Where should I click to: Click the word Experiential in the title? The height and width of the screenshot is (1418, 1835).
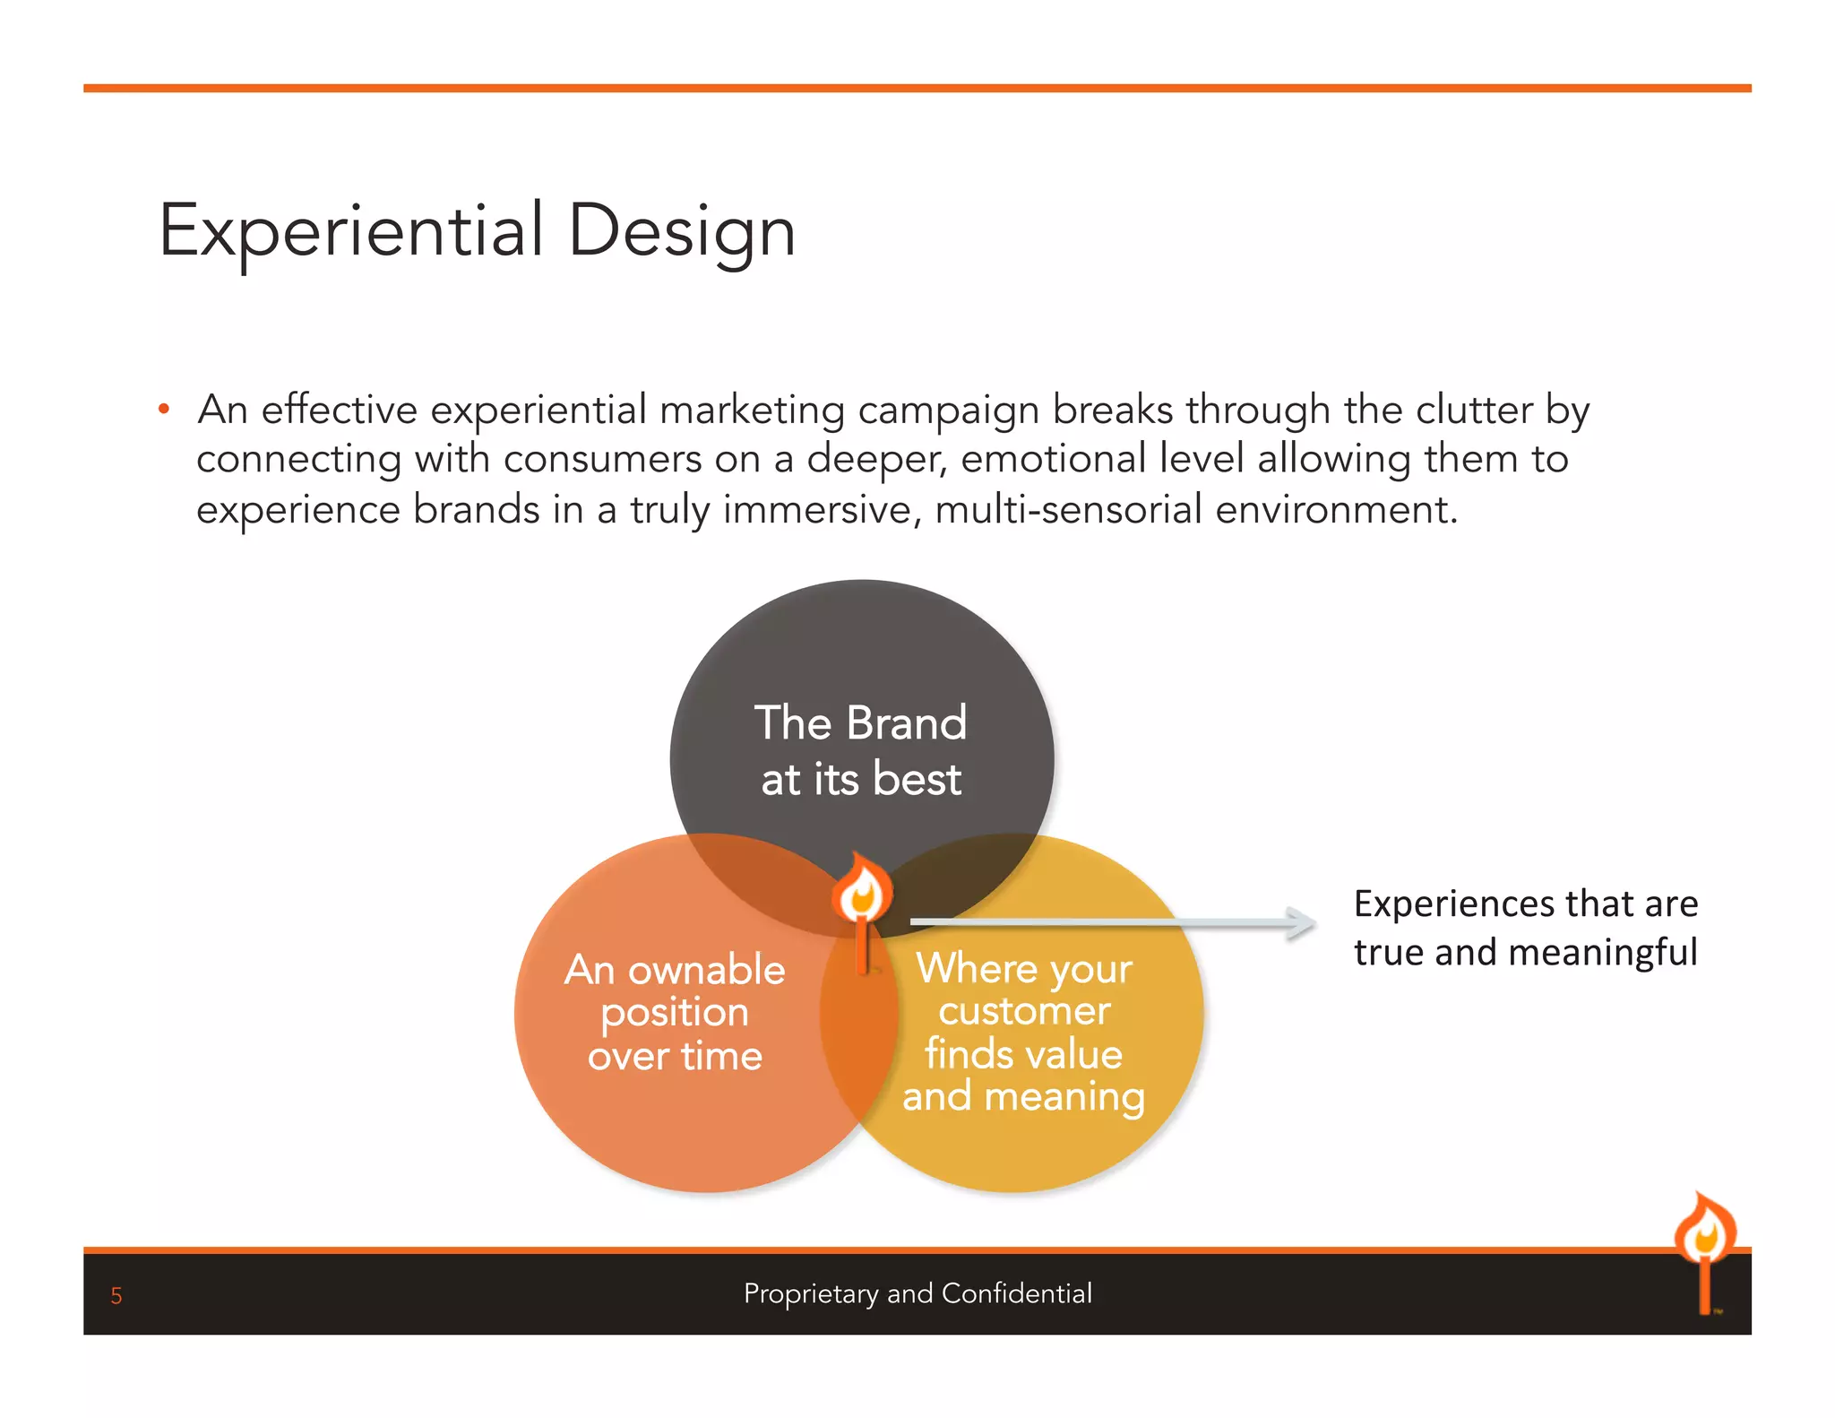[x=351, y=231]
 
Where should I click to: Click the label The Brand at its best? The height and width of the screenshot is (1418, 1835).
[x=861, y=750]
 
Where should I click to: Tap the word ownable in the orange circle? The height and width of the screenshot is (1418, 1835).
[x=706, y=971]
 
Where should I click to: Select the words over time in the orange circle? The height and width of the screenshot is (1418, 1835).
[x=675, y=1056]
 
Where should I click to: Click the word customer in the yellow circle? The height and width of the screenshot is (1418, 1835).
[x=1024, y=1011]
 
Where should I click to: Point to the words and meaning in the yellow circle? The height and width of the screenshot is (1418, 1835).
[x=1023, y=1096]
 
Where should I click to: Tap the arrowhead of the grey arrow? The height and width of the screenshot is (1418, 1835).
[x=1301, y=922]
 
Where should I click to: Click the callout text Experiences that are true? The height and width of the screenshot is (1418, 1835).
[x=1525, y=904]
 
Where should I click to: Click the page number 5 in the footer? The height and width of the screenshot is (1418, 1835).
[x=116, y=1295]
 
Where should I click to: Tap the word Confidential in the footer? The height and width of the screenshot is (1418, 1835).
[x=1017, y=1293]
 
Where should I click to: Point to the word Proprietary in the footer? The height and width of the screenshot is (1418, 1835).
[x=811, y=1293]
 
